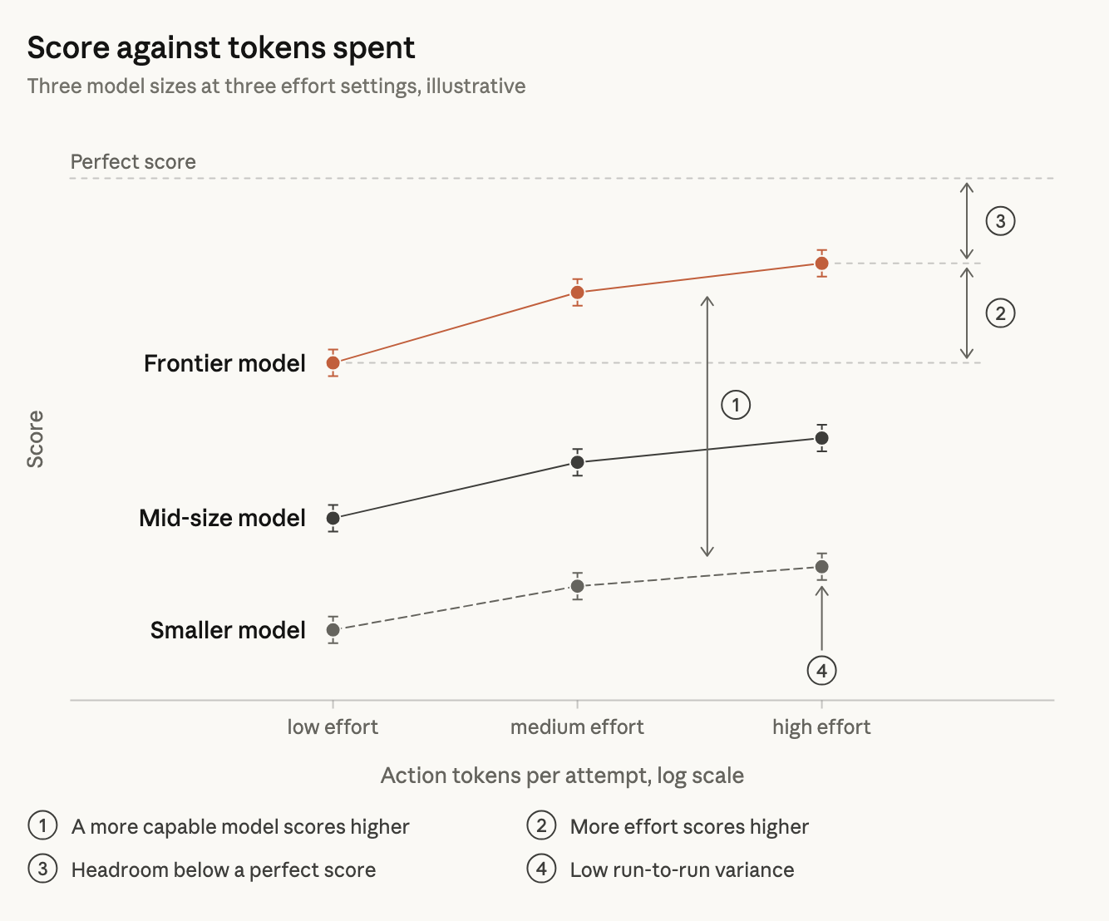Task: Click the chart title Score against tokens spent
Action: (x=221, y=48)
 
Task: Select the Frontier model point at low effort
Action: (x=333, y=362)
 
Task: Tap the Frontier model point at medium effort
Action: (x=577, y=292)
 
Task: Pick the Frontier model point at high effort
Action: (x=821, y=263)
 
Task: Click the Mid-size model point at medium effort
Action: (x=577, y=462)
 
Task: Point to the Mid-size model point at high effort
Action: (x=821, y=438)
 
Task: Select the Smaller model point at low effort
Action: (x=333, y=630)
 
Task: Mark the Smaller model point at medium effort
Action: (x=577, y=586)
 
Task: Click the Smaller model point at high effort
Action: (x=821, y=567)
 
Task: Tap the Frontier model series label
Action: (x=224, y=363)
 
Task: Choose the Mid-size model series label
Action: (x=222, y=518)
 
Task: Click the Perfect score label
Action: (x=133, y=161)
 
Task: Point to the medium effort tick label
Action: (x=577, y=726)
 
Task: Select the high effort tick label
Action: (x=821, y=727)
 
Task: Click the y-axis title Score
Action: (x=35, y=439)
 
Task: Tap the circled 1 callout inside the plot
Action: (x=736, y=406)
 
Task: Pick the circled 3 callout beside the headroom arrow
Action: (x=1001, y=221)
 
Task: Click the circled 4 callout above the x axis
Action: (x=821, y=670)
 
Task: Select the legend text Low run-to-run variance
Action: (x=682, y=870)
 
